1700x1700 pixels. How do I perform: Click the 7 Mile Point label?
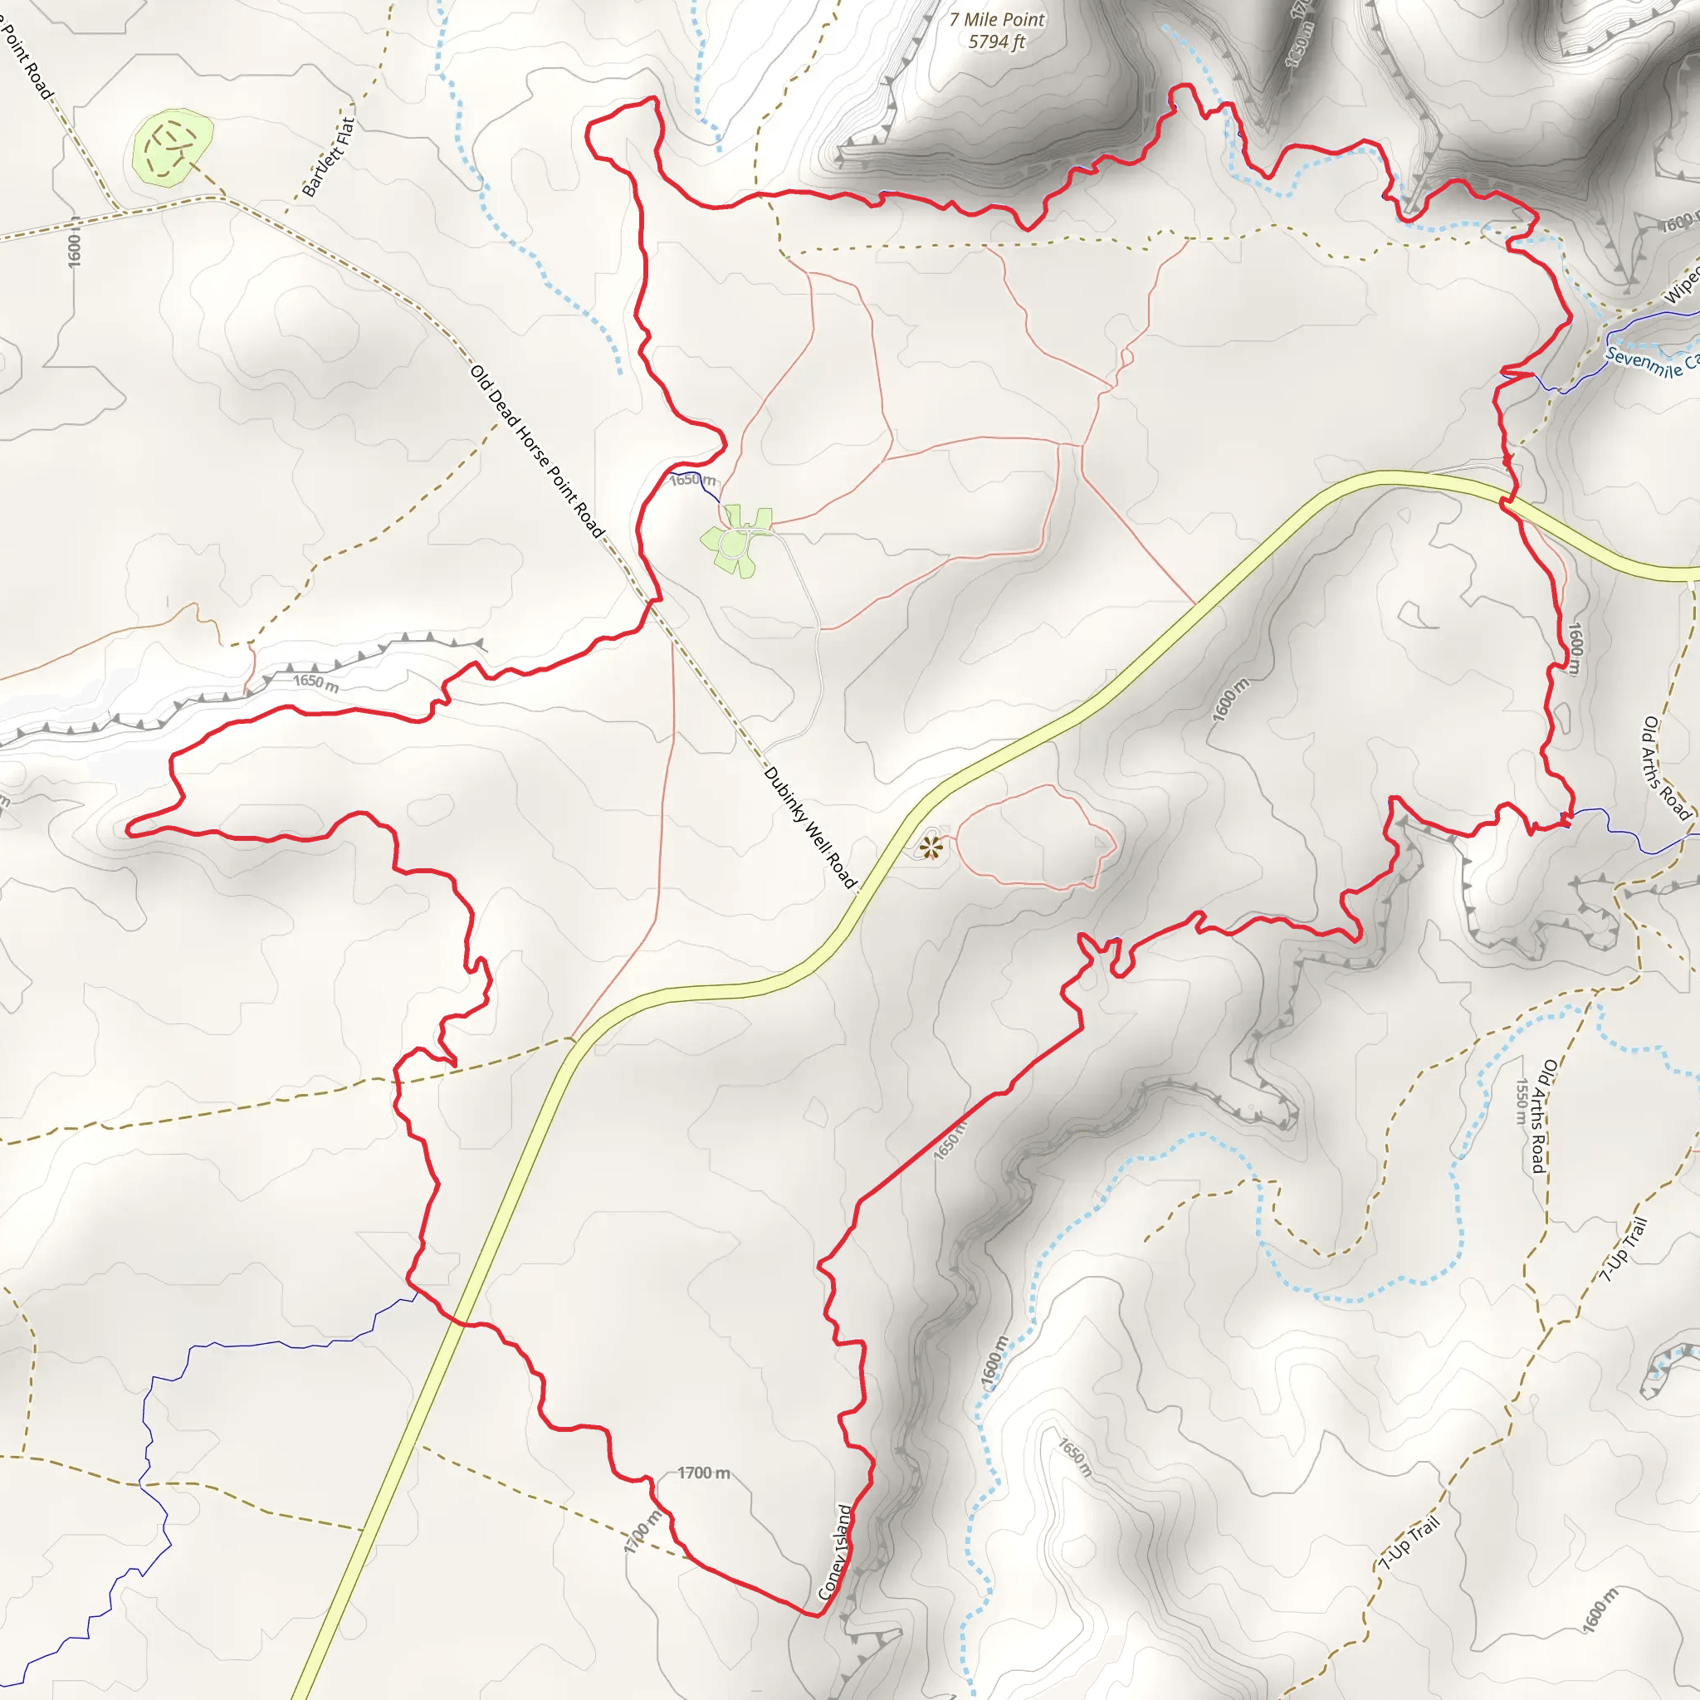click(997, 19)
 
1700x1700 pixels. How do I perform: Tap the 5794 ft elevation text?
click(997, 42)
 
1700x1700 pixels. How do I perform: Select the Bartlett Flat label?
click(328, 157)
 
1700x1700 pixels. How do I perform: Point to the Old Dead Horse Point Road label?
click(538, 452)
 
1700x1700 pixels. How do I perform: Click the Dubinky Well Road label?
click(809, 827)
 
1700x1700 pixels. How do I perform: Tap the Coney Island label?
click(835, 1552)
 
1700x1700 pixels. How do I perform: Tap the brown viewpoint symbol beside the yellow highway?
click(930, 848)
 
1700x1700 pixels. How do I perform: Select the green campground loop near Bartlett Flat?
click(173, 147)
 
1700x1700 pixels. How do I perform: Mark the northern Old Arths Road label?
click(1666, 767)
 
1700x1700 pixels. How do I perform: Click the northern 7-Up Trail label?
click(1624, 1250)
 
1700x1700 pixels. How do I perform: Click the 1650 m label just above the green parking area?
click(692, 480)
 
